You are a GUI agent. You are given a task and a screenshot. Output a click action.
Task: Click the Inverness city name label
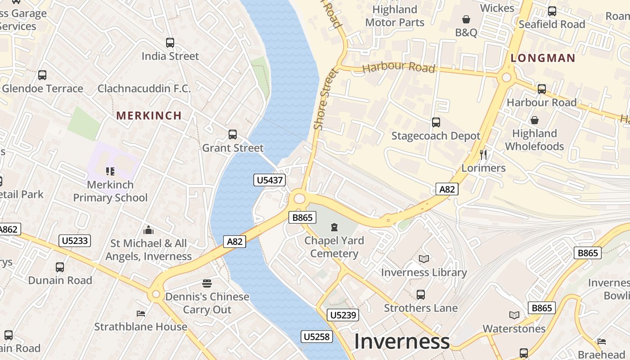[x=401, y=342]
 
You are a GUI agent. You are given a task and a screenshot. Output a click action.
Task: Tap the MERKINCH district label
[x=149, y=116]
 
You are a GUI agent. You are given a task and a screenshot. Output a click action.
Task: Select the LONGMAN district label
[x=543, y=58]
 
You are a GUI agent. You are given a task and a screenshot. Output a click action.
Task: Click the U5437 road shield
[x=270, y=180]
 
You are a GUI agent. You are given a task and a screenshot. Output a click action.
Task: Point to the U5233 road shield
[x=75, y=241]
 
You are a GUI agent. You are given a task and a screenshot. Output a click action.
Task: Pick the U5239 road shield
[x=343, y=315]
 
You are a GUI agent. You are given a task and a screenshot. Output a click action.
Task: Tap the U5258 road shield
[x=317, y=337]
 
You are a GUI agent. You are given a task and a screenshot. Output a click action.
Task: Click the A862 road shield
[x=8, y=229]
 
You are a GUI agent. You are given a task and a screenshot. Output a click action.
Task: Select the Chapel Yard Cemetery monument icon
[x=334, y=227]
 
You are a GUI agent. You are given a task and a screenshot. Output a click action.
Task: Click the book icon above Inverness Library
[x=423, y=259]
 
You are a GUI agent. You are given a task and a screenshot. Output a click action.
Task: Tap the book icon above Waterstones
[x=514, y=315]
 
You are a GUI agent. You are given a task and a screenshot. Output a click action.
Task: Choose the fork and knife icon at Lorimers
[x=483, y=155]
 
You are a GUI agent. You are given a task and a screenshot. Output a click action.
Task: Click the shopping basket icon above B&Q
[x=466, y=19]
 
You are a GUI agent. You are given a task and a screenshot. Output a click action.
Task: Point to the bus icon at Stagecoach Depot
[x=436, y=122]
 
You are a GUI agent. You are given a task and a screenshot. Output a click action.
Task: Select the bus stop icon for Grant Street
[x=233, y=134]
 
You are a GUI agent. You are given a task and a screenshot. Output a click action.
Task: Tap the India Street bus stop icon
[x=170, y=43]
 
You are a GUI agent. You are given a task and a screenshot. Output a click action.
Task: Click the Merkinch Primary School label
[x=110, y=191]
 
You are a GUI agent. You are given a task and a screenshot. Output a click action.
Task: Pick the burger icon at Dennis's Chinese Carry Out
[x=207, y=283]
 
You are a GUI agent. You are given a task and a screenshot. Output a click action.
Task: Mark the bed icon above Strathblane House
[x=141, y=313]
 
